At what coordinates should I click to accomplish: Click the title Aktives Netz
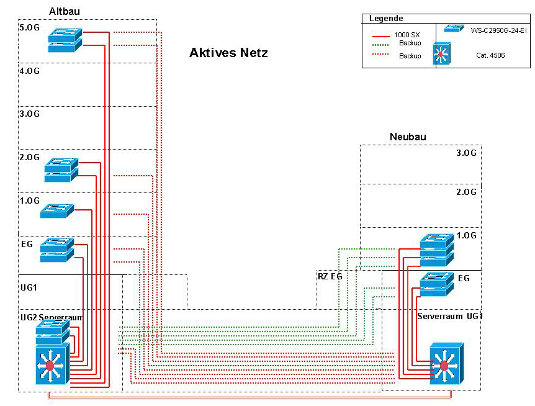coord(228,53)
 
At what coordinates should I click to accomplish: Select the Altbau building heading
coord(65,11)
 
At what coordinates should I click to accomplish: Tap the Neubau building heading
coord(408,137)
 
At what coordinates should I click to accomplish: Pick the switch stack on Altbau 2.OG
coord(61,169)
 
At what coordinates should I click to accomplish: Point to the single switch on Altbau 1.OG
coord(57,210)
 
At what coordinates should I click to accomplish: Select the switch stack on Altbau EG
coord(57,249)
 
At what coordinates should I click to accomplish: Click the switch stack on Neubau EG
coord(437,283)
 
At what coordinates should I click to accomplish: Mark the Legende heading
coord(386,19)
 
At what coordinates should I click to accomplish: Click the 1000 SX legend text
coord(407,35)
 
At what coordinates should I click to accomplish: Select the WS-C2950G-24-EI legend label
coord(498,30)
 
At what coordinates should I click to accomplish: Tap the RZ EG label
coord(330,276)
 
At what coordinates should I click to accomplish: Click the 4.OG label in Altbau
coord(29,71)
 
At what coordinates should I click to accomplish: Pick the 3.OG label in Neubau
coord(466,153)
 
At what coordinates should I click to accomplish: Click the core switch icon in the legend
coord(441,54)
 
